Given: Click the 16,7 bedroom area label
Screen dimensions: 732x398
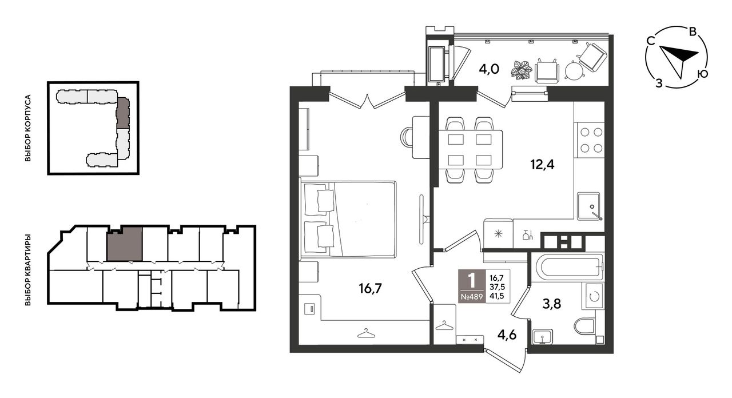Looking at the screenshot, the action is tap(370, 289).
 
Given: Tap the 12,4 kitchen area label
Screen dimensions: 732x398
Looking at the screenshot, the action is tap(542, 164).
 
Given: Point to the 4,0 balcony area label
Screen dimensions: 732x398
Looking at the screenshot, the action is tap(489, 69).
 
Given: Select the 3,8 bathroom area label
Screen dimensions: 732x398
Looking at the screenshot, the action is tap(552, 304).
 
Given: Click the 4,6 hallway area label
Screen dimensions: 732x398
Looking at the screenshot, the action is tap(507, 335).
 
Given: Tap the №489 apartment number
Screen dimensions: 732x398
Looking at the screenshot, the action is tap(472, 298).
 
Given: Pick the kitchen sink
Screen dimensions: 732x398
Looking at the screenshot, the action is tap(588, 206).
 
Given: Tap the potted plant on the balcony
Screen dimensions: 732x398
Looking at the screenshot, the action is tap(522, 70).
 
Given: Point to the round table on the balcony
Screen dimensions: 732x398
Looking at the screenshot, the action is tap(575, 70).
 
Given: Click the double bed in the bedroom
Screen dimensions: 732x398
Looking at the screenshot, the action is tap(349, 218).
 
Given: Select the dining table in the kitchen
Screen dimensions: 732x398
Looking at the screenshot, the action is tap(470, 150).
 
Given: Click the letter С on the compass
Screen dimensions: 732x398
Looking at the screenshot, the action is tap(651, 41).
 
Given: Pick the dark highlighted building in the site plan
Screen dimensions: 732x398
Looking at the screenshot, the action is tap(123, 113).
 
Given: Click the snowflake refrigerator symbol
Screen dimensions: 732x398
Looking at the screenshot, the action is tap(498, 234).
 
